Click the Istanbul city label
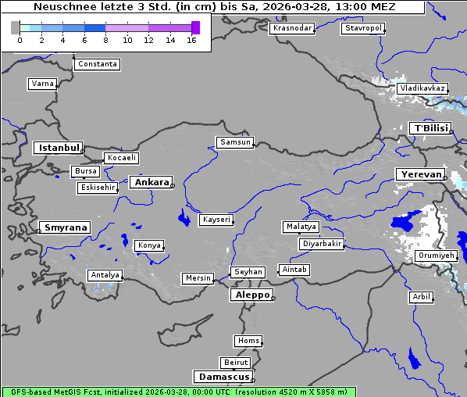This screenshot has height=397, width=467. [x=58, y=148]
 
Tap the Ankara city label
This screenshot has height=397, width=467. [x=152, y=182]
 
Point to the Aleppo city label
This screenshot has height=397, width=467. [x=251, y=295]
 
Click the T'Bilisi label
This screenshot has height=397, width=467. [x=430, y=128]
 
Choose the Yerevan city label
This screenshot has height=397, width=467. [x=420, y=174]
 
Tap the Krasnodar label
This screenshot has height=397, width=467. [x=292, y=28]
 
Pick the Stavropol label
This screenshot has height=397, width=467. [x=363, y=28]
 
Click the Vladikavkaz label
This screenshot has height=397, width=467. [x=422, y=88]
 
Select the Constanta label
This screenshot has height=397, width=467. [x=98, y=64]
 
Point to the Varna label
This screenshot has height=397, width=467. [x=42, y=84]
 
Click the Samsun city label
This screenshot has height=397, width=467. [x=235, y=142]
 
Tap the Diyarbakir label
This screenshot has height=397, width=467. [x=322, y=244]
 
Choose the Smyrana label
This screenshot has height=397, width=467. [x=65, y=227]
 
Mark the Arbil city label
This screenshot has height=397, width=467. [x=421, y=297]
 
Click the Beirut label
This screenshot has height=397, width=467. [x=235, y=363]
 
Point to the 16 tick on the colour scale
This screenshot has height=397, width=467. [x=192, y=40]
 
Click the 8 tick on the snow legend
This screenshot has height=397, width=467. [x=105, y=40]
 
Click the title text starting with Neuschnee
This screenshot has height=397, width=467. [x=215, y=7]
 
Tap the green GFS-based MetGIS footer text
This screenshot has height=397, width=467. [x=178, y=392]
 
